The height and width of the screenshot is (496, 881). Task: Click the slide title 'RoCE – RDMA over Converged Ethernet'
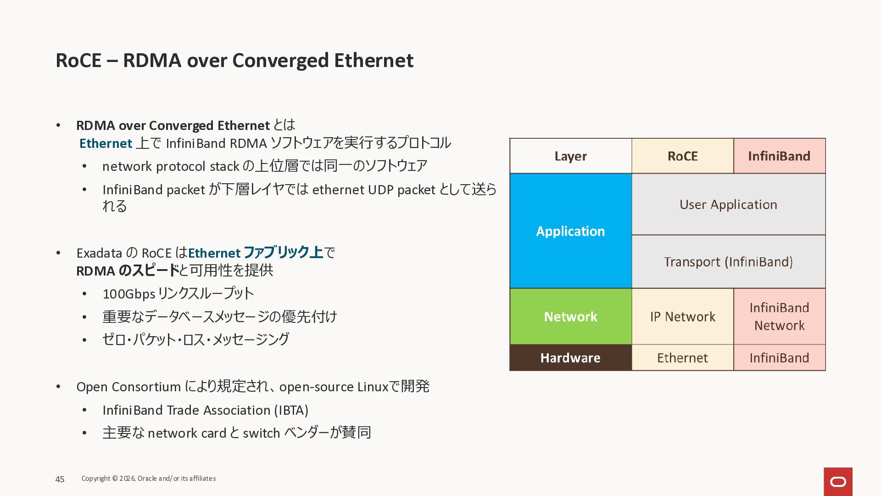(234, 61)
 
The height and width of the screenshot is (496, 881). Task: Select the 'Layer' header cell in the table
(570, 156)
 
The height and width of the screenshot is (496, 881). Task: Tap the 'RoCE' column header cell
(682, 156)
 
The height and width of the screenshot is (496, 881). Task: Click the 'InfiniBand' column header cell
(779, 156)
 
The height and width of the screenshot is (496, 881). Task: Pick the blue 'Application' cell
(570, 231)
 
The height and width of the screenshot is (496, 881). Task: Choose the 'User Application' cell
(728, 204)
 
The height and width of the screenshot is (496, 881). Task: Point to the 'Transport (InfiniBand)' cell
(728, 262)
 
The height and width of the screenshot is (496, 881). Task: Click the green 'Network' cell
(570, 316)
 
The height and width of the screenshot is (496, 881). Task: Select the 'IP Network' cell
(682, 316)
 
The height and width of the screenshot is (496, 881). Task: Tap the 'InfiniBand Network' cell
(779, 316)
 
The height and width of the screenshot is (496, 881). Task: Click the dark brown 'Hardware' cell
(570, 358)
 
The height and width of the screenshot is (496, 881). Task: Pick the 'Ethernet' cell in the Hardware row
(682, 358)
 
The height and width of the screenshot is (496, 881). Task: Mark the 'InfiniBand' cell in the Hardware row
(779, 358)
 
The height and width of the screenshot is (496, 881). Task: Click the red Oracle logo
(838, 482)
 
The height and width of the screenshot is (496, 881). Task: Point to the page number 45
(60, 479)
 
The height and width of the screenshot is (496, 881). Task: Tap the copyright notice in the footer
(149, 479)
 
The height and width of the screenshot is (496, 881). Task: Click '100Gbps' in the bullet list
(129, 294)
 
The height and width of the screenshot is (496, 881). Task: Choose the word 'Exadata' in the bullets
(99, 254)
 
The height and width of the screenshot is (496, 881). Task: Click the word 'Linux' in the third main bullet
(373, 387)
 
